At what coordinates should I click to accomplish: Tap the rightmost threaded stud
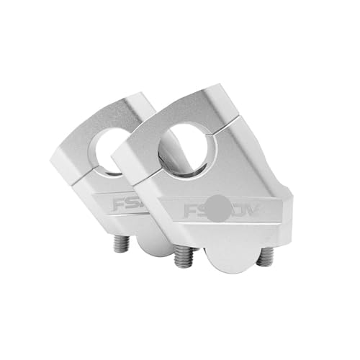tap(266, 258)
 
